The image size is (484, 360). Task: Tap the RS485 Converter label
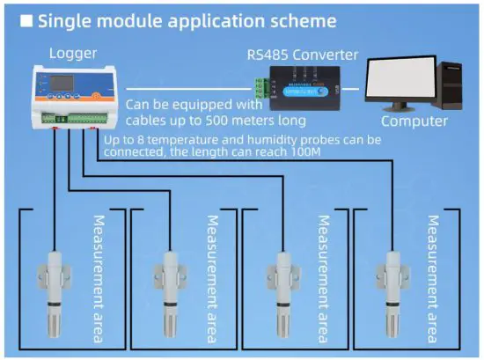coord(302,55)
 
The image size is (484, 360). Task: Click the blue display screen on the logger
coord(50,85)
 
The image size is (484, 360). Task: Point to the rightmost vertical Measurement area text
coord(432,278)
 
